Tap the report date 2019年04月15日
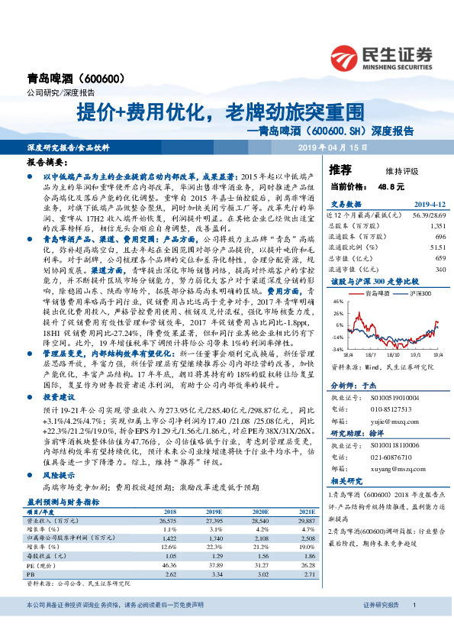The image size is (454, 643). (333, 146)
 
